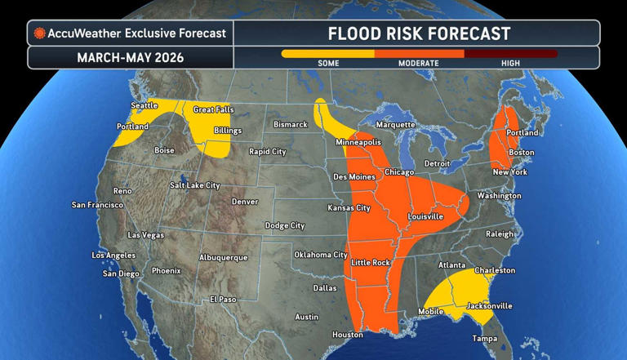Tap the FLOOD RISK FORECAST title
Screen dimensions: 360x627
point(419,33)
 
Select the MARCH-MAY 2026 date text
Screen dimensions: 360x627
point(131,58)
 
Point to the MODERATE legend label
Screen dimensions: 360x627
point(418,64)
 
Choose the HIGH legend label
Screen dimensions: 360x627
point(511,64)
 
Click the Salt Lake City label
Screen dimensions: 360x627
point(194,185)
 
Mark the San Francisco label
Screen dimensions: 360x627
point(97,205)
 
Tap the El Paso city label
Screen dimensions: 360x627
point(223,299)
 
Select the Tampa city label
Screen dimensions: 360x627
point(486,338)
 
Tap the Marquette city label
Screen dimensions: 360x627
point(394,125)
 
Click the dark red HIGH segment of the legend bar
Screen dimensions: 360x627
point(511,54)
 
